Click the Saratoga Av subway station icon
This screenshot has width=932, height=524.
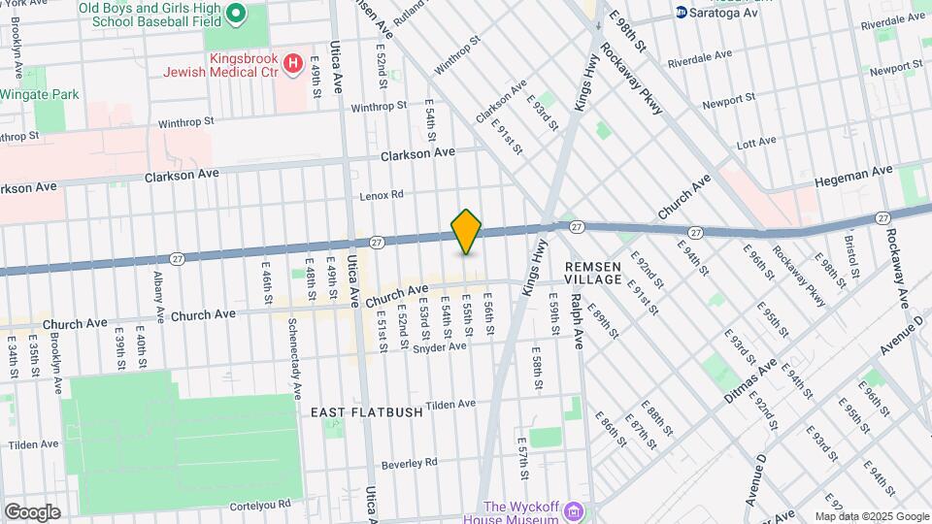point(682,13)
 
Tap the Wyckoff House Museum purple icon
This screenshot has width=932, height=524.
point(575,511)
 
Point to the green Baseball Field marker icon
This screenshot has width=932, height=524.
point(236,15)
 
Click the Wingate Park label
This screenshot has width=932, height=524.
point(41,94)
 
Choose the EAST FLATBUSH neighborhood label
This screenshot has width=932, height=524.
point(367,411)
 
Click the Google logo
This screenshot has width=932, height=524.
point(32,511)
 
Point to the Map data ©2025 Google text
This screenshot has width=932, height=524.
point(871,516)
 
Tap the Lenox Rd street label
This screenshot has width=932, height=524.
point(381,195)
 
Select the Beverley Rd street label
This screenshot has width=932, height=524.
point(411,462)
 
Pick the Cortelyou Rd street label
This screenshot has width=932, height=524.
point(264,505)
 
